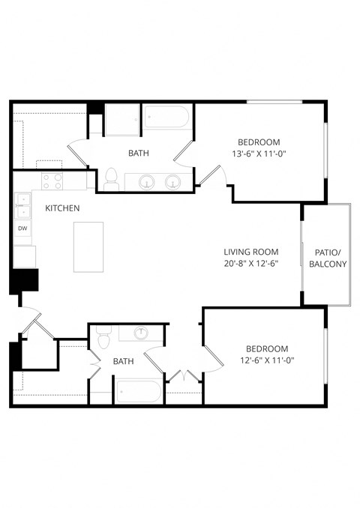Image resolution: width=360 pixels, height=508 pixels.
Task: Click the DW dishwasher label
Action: [22, 228]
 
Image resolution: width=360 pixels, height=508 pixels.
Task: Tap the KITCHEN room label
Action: [63, 208]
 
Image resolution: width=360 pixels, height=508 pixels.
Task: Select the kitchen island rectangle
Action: [88, 247]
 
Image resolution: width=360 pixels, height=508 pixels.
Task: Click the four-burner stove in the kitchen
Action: [53, 181]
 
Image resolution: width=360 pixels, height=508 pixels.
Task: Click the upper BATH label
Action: [138, 153]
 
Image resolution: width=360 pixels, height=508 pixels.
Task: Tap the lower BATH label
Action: [123, 361]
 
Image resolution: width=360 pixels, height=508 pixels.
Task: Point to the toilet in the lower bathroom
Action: [103, 339]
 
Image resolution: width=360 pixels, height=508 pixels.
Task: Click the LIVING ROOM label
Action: [251, 252]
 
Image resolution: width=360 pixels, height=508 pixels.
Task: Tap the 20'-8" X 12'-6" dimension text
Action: [251, 264]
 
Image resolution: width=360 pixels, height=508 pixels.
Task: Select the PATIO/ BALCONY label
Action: [327, 258]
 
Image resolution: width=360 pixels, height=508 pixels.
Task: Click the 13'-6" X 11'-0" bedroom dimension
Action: [259, 154]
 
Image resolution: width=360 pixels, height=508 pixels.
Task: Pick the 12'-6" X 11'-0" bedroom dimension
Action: [268, 360]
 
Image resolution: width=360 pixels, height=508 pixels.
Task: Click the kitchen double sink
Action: [22, 199]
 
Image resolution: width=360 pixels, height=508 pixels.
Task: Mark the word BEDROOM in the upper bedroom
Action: [259, 142]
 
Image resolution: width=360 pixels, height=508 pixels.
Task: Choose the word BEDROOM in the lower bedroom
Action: [268, 348]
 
